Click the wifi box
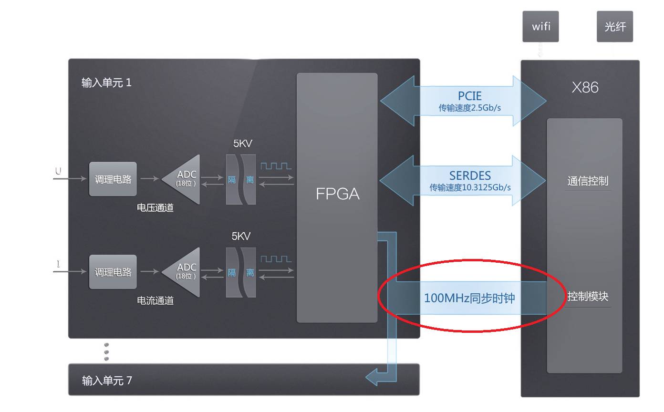540,27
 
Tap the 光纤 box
614,27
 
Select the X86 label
585,87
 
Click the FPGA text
337,194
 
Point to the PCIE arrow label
469,96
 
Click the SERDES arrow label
469,176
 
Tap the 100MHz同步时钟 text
469,298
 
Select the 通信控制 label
588,181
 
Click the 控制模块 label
588,296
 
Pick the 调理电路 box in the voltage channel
113,179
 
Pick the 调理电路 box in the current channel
113,272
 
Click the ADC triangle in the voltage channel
184,179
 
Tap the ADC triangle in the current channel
184,272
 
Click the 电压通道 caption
155,208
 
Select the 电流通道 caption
155,300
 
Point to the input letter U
58,171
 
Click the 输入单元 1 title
106,82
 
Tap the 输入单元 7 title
107,381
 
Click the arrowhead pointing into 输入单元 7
372,378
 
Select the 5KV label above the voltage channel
243,144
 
